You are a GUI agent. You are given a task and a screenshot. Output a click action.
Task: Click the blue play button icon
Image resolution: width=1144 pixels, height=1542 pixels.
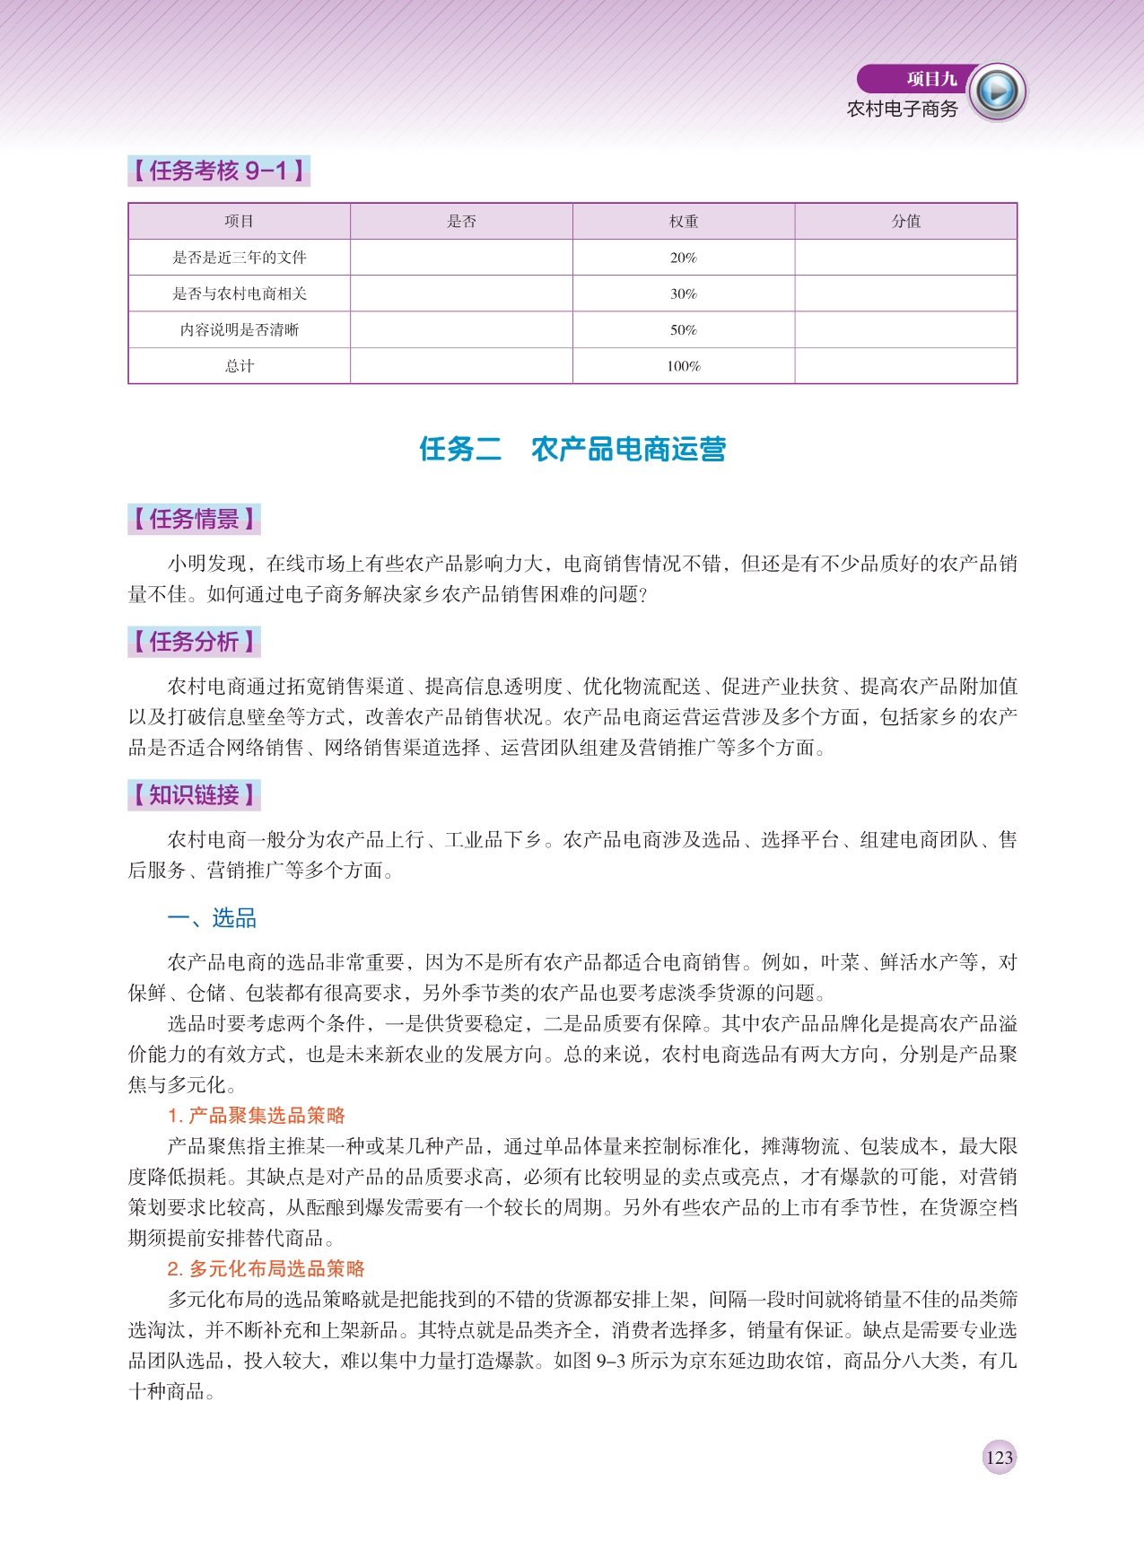click(997, 92)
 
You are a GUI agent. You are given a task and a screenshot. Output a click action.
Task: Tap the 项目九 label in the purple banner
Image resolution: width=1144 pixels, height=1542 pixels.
click(931, 79)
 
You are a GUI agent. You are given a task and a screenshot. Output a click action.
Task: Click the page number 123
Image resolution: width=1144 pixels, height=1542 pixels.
click(999, 1457)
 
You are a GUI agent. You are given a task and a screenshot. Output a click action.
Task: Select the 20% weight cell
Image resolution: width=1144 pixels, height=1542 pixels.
click(683, 258)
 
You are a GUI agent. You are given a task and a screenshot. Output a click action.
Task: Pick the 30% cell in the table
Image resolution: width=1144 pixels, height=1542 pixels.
click(683, 294)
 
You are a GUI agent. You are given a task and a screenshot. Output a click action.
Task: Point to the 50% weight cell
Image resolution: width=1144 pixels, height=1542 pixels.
click(683, 329)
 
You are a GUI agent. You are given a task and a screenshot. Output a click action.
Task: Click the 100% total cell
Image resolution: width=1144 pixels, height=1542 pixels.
click(683, 366)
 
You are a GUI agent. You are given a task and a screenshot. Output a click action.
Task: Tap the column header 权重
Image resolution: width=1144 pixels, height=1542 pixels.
click(683, 221)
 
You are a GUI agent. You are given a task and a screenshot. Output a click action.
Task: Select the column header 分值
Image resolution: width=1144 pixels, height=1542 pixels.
click(905, 221)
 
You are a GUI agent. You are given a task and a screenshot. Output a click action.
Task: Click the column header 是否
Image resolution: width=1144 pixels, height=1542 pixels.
click(461, 221)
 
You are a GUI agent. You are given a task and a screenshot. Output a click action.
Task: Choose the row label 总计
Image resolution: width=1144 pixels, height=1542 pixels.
click(240, 366)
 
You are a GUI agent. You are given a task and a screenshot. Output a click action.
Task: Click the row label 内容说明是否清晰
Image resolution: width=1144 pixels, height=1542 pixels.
click(240, 329)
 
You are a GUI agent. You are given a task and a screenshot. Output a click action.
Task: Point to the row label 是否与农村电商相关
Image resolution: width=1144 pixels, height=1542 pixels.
click(240, 294)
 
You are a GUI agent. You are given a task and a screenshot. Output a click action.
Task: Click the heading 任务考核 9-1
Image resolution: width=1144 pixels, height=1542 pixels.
click(218, 171)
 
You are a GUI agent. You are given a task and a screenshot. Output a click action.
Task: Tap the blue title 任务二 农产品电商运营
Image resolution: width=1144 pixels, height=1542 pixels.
click(572, 449)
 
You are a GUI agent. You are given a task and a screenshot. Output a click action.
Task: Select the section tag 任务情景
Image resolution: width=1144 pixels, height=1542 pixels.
click(194, 519)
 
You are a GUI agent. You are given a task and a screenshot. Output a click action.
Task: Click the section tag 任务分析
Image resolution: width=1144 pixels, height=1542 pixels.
click(194, 642)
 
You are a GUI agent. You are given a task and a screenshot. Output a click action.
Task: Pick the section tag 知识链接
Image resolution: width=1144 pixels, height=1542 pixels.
click(194, 795)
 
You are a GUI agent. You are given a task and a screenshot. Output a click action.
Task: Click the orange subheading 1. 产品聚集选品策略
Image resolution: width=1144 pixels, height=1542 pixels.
click(257, 1116)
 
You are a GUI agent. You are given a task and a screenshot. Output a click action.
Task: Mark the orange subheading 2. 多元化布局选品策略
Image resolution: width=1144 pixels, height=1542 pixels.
click(266, 1268)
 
